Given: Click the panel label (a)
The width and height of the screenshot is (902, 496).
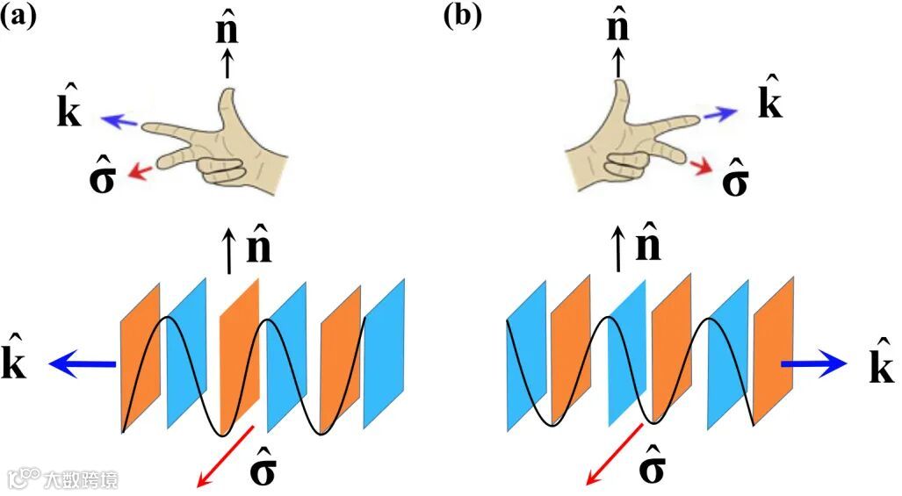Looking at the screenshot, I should pyautogui.click(x=18, y=17).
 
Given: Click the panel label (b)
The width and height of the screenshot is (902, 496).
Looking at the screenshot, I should pyautogui.click(x=463, y=17).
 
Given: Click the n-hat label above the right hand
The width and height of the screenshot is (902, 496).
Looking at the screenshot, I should pyautogui.click(x=618, y=26).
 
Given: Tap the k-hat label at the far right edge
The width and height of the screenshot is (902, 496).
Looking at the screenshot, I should pyautogui.click(x=880, y=362).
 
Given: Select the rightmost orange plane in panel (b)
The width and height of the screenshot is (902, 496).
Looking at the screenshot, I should pyautogui.click(x=773, y=351).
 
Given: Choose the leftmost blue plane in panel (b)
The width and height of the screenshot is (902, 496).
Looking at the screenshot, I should pyautogui.click(x=526, y=356).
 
